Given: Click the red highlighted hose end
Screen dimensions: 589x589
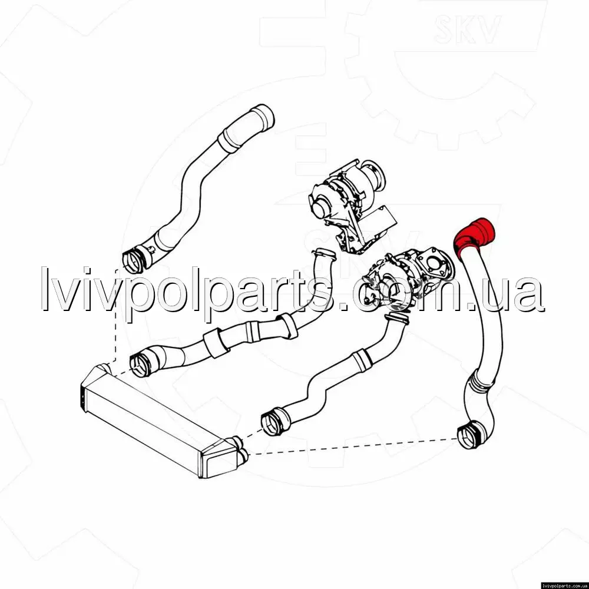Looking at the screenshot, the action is (x=475, y=236).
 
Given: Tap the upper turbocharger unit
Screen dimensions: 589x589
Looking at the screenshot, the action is (x=351, y=205).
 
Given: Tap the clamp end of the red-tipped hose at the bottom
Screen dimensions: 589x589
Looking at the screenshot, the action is (x=469, y=436).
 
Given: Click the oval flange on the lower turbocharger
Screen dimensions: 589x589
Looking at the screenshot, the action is (x=436, y=262).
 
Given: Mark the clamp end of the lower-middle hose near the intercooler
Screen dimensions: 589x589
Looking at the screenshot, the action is (x=273, y=422).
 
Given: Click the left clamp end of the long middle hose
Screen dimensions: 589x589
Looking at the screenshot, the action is (x=141, y=362).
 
